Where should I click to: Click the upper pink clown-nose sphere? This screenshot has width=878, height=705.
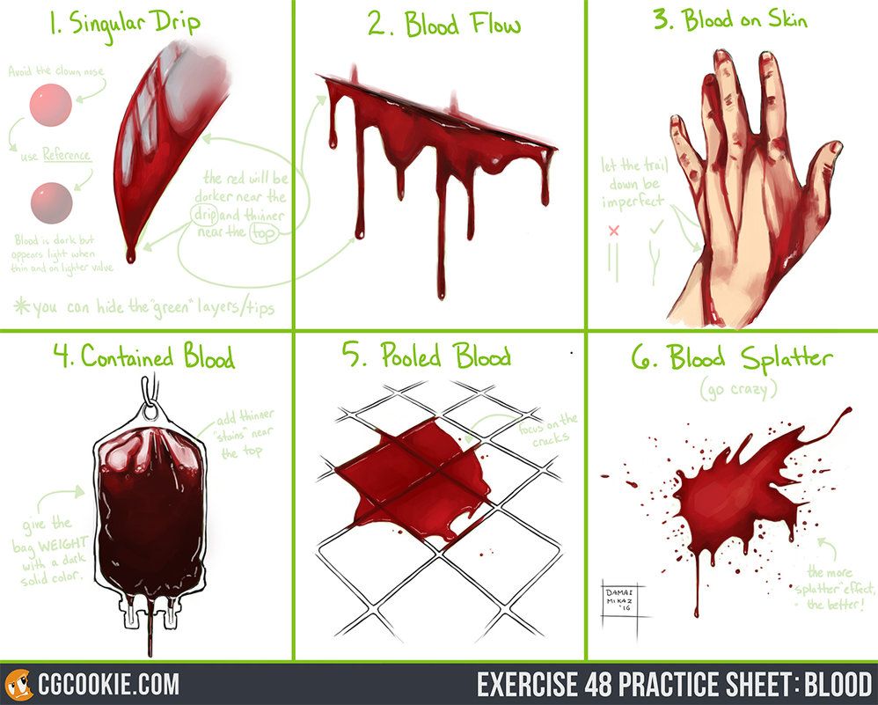pos(50,106)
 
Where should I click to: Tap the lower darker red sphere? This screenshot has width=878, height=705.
pos(50,202)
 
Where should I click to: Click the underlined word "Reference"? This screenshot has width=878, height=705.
pos(67,155)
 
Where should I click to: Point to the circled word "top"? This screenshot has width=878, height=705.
pos(261,232)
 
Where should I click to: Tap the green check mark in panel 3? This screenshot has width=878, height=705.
pos(655,229)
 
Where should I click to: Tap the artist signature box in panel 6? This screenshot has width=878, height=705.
pos(623,599)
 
